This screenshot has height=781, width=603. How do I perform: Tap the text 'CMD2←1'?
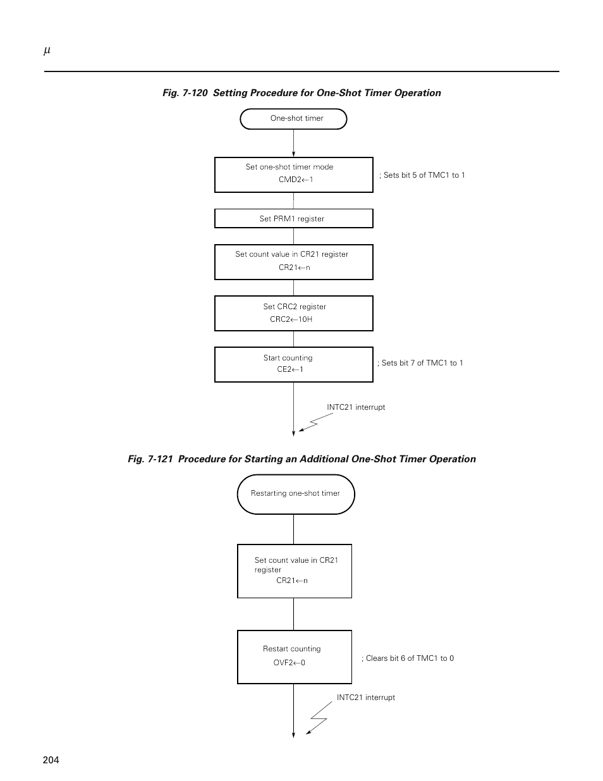296,180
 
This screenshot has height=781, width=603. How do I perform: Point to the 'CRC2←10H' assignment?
291,319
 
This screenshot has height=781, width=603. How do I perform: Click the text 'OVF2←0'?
289,663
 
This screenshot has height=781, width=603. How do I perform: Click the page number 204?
51,760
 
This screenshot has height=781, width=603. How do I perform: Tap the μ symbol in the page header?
47,51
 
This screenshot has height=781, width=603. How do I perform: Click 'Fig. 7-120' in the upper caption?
185,93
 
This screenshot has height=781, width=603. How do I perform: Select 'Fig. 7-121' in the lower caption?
150,459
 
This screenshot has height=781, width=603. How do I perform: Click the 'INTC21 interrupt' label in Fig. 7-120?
356,407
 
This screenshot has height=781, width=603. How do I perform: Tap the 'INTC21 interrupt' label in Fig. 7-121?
365,698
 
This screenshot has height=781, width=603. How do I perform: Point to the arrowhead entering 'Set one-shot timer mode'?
293,154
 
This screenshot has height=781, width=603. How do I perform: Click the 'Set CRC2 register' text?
295,307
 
